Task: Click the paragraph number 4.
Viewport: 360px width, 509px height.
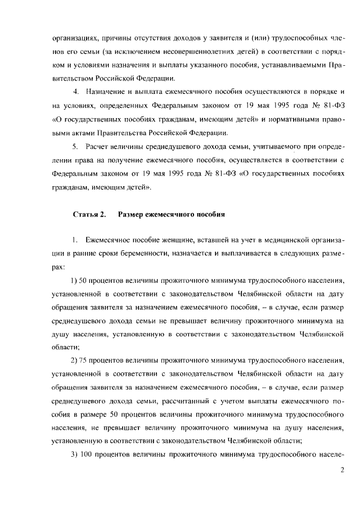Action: (76, 92)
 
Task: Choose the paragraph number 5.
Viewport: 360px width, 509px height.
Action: (76, 147)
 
